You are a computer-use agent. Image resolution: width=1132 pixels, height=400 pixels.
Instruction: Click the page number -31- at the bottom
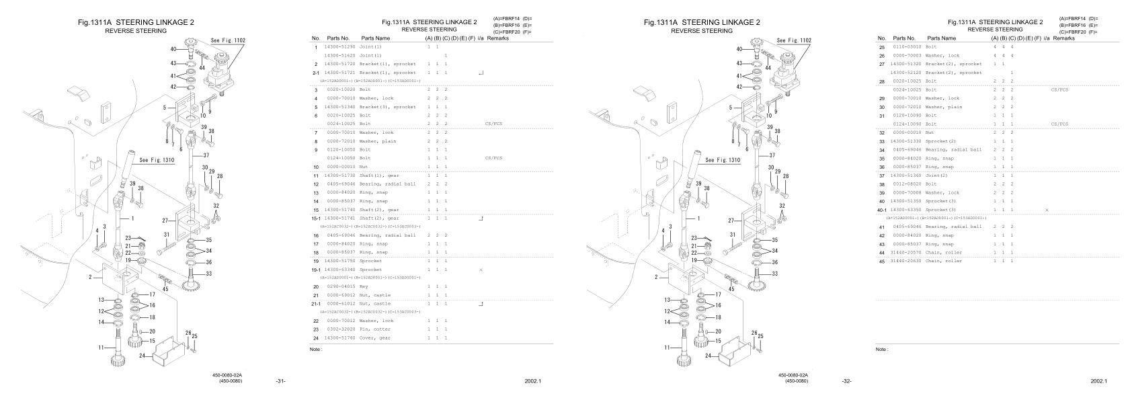[x=281, y=381]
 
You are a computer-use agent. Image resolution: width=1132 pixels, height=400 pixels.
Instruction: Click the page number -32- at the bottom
[x=847, y=381]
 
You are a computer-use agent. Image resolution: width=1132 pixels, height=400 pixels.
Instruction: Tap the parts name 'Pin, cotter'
[x=376, y=329]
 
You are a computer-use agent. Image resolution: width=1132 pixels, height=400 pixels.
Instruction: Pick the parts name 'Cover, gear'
[x=376, y=337]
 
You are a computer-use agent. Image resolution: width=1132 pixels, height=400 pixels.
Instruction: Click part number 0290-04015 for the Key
[x=339, y=286]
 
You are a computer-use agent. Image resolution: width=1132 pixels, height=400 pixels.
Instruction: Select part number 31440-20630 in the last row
[x=905, y=261]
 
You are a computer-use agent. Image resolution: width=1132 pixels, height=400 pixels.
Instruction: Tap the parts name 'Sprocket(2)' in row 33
[x=942, y=141]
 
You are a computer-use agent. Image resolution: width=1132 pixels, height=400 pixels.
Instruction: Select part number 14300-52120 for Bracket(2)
[x=905, y=73]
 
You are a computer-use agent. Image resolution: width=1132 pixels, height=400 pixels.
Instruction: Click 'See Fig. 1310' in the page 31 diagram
[x=157, y=160]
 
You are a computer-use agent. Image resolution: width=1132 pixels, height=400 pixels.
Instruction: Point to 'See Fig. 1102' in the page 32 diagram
[x=794, y=40]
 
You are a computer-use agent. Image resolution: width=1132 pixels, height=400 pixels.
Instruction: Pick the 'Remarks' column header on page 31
[x=498, y=38]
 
